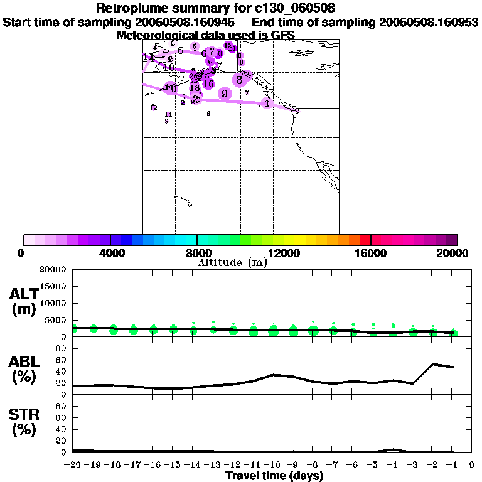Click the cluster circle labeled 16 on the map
click(208, 83)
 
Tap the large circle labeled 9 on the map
click(224, 94)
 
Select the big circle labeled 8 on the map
click(239, 80)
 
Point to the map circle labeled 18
click(195, 88)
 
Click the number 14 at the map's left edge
click(147, 56)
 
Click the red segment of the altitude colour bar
click(365, 240)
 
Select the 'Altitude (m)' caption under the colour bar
click(232, 262)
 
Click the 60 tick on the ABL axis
click(61, 360)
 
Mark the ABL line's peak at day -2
click(433, 364)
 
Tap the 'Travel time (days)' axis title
click(274, 476)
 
